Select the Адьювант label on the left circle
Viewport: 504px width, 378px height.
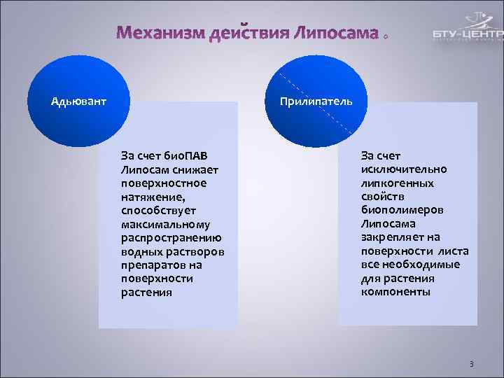point(79,101)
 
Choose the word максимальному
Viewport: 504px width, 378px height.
point(170,224)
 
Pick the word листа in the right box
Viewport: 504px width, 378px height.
point(454,251)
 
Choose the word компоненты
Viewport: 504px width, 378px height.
point(395,292)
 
